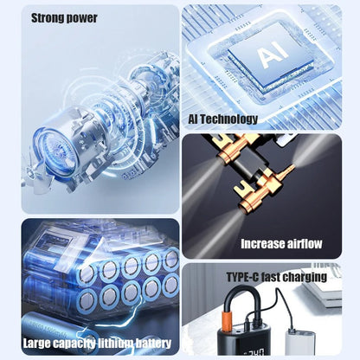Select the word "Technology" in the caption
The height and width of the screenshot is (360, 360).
click(231, 119)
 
